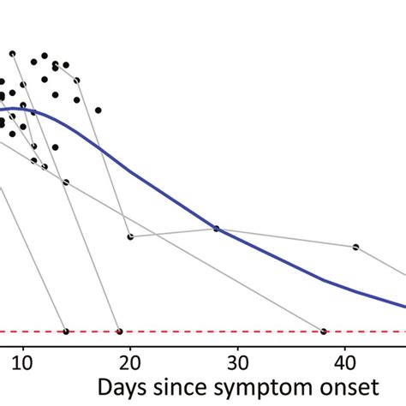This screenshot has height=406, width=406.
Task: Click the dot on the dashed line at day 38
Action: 323,331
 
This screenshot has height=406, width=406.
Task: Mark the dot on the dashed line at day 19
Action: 119,331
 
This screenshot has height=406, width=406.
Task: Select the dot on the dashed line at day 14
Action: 66,331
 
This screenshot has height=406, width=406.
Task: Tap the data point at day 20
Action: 130,236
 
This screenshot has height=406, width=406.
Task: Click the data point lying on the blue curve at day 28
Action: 216,229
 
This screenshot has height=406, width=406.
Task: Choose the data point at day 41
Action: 355,247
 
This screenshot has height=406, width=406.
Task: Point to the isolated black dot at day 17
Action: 98,110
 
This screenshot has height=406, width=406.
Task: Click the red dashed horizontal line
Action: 214,331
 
